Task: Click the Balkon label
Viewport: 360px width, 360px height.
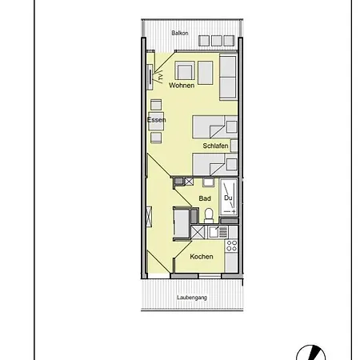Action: [180, 33]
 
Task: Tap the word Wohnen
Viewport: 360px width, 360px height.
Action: [182, 85]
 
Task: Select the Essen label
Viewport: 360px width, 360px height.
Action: [156, 120]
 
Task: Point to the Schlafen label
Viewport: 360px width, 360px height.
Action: [216, 147]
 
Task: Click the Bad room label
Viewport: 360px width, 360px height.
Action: [205, 198]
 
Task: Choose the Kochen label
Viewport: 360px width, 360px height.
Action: [202, 256]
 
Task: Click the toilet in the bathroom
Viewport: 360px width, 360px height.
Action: [209, 214]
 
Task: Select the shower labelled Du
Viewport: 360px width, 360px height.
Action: [230, 198]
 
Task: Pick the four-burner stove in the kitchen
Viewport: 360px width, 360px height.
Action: [231, 246]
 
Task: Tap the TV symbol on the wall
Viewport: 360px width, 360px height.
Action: [152, 78]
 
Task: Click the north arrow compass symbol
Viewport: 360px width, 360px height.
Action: [308, 351]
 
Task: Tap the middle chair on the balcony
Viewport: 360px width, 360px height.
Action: [215, 40]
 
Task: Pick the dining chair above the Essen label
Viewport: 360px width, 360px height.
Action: [156, 104]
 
